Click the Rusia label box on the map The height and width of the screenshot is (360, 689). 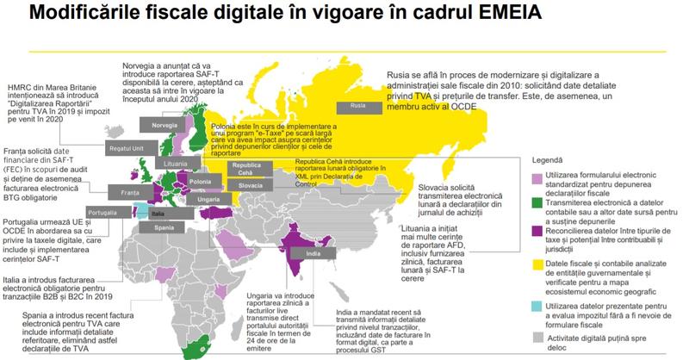[x=358, y=107]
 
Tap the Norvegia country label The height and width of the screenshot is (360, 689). [x=164, y=126]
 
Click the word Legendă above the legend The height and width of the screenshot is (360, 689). [x=549, y=160]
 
